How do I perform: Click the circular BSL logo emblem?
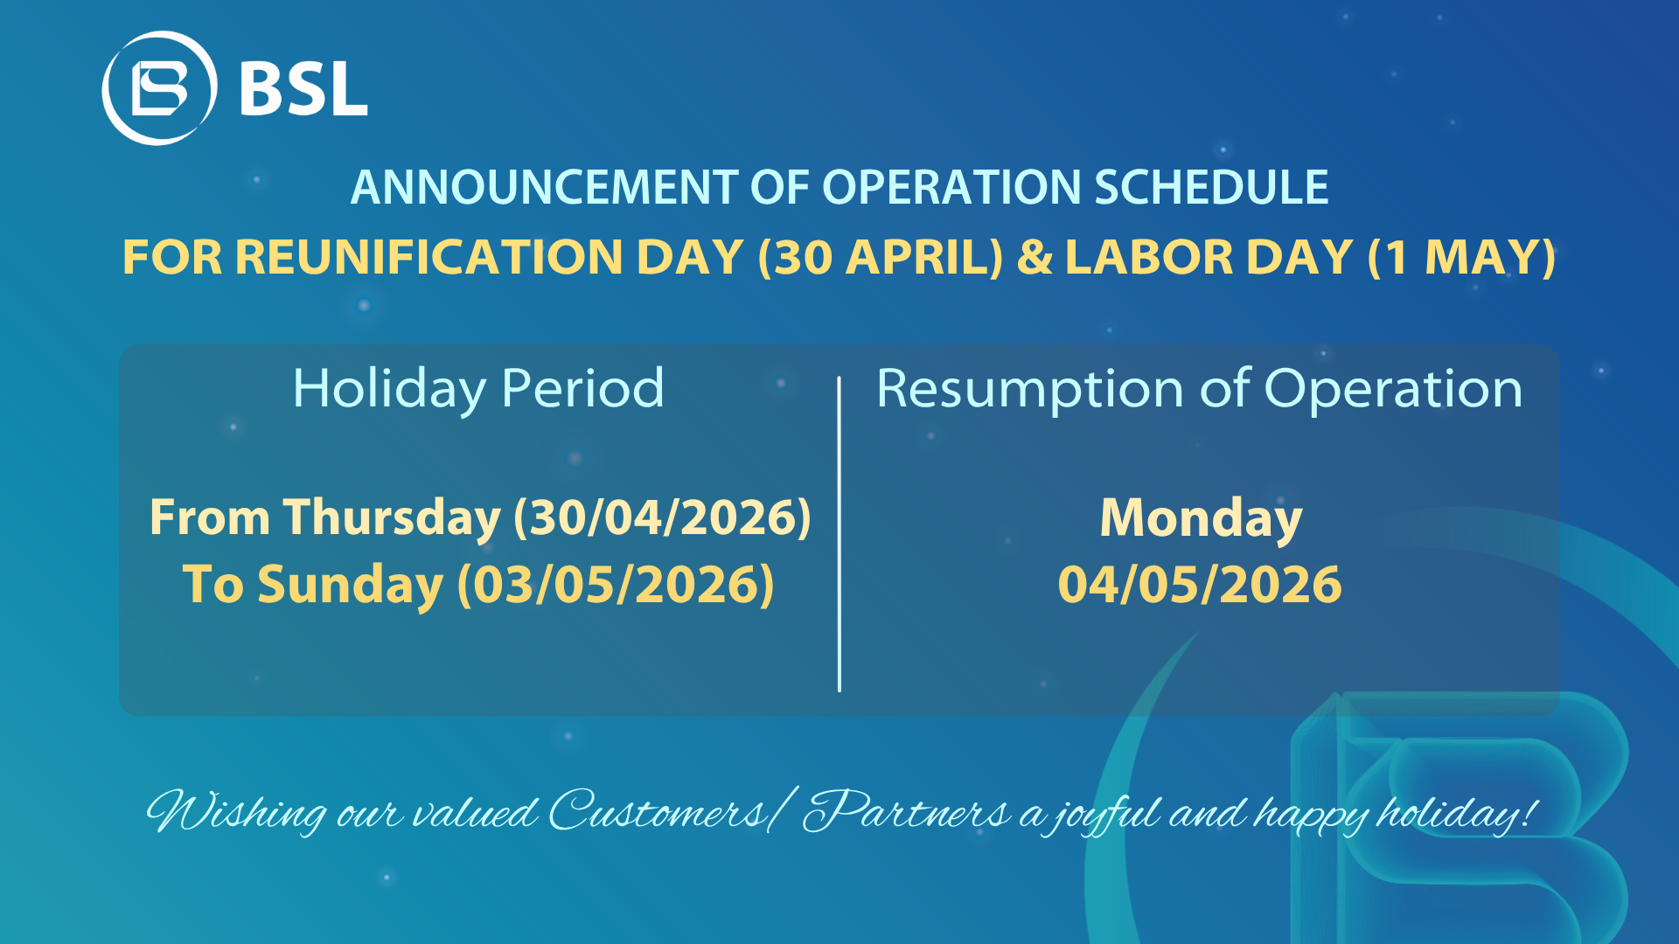(159, 88)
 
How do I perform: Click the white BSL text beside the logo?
(303, 88)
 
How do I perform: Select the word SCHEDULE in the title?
(1211, 187)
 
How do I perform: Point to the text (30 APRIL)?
(881, 258)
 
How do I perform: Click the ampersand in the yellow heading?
(1035, 257)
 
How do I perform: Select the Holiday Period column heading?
(478, 388)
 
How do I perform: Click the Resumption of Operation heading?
(1200, 388)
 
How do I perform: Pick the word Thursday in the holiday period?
(392, 517)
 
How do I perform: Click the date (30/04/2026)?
(662, 517)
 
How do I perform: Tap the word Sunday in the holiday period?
(350, 585)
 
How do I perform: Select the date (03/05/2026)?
(616, 585)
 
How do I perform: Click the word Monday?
(1201, 518)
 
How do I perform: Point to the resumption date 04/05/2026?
(1200, 585)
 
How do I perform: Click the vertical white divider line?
(839, 534)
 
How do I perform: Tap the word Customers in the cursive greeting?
(658, 810)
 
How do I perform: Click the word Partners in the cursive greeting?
(906, 810)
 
